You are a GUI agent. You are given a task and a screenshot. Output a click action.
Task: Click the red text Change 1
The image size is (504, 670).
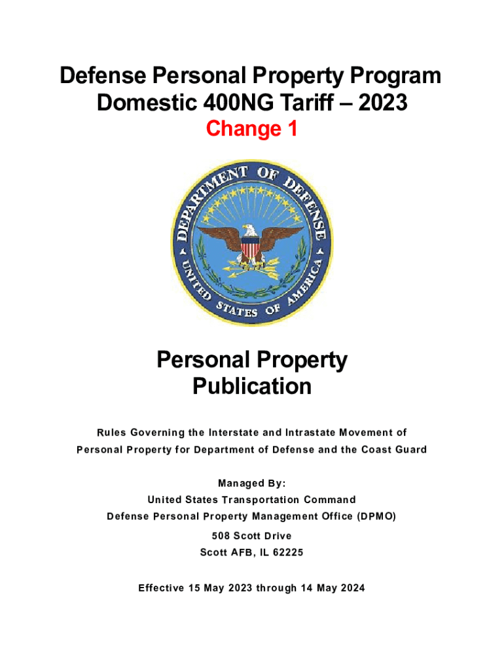click(251, 129)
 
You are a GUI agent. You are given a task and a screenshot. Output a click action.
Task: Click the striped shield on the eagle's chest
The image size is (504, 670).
click(250, 247)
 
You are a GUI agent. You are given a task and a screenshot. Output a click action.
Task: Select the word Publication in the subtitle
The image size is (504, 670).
click(251, 387)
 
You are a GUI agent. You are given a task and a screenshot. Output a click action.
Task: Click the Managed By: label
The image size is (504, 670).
click(251, 484)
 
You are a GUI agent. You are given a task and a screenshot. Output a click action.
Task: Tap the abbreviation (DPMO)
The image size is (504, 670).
click(376, 517)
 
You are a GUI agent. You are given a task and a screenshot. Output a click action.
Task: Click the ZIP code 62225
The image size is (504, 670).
click(286, 552)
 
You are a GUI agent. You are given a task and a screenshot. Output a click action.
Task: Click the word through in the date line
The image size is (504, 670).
click(277, 588)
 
